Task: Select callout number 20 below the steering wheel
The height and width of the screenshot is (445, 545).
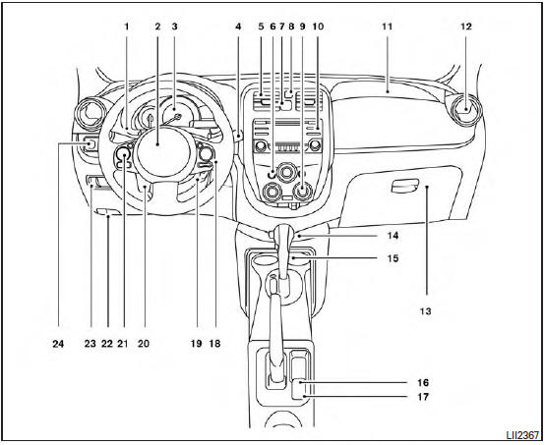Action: pyautogui.click(x=144, y=345)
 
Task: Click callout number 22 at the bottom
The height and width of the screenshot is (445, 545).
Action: pyautogui.click(x=106, y=345)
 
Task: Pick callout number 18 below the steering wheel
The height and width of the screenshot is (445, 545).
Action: pyautogui.click(x=214, y=345)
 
